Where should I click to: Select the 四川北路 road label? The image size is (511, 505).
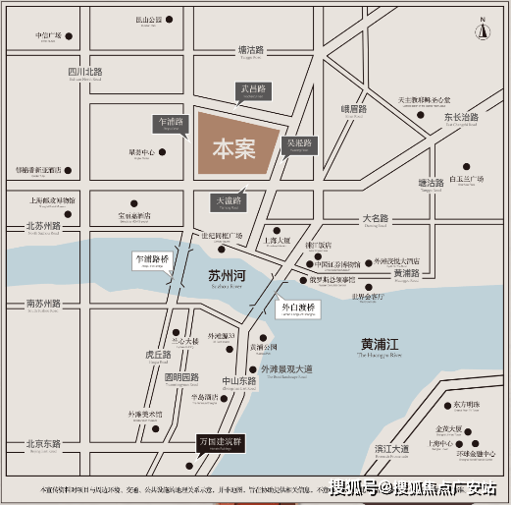point(85,72)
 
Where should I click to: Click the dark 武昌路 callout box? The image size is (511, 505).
point(251,90)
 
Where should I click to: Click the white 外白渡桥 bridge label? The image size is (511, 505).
point(299,308)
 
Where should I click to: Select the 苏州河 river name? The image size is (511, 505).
point(228,277)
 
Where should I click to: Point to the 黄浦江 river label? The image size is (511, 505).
point(382,344)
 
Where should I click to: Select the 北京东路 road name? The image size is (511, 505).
point(43,444)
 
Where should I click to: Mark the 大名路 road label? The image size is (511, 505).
point(376,218)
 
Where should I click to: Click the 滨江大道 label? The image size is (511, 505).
point(390,448)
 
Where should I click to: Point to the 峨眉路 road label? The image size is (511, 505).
point(352,109)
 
